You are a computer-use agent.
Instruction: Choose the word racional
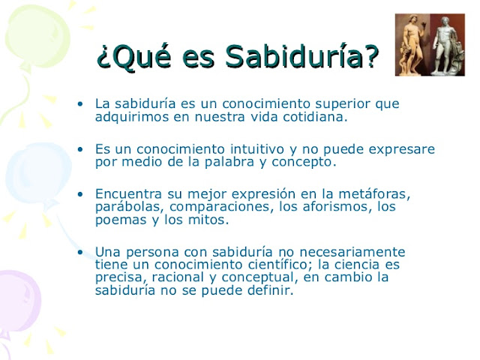[x=167, y=278]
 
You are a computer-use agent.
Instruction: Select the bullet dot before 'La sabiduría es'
[x=81, y=103]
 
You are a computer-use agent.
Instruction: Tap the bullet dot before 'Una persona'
[x=81, y=251]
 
